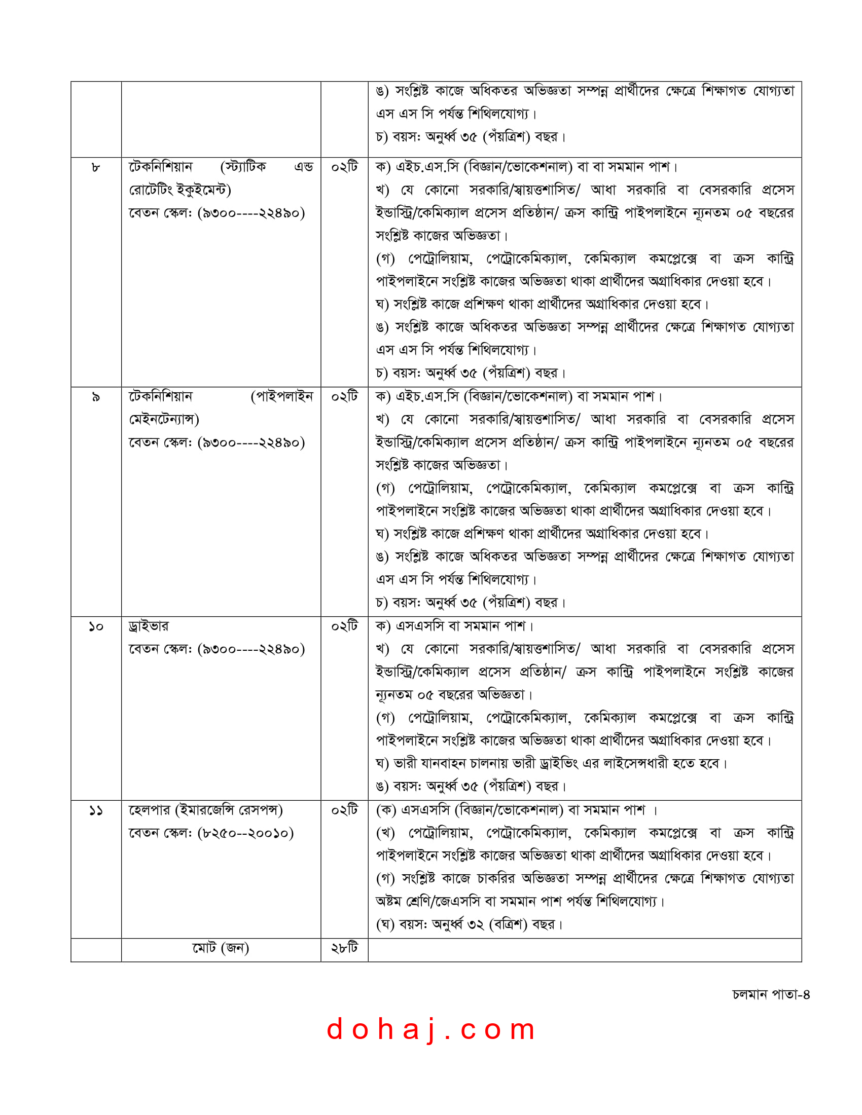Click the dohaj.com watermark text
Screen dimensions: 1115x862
pos(431,1029)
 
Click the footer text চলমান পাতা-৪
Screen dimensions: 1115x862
pos(771,994)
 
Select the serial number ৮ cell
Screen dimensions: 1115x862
pos(95,167)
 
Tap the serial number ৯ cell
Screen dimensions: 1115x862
pos(95,397)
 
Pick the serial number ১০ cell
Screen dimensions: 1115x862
pos(95,626)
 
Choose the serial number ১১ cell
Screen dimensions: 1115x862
pos(95,810)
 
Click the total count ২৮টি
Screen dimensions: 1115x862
pos(344,948)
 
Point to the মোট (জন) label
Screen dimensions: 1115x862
pos(221,948)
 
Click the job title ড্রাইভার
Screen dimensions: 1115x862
pos(149,626)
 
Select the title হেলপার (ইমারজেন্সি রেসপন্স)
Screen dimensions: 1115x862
pos(205,810)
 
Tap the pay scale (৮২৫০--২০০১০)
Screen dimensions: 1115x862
pos(245,833)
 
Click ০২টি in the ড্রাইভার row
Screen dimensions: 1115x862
pos(344,626)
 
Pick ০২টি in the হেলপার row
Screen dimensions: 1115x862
pos(344,810)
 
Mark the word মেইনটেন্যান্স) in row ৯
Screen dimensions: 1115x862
pos(164,420)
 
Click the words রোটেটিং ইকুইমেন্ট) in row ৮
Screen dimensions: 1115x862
pos(180,190)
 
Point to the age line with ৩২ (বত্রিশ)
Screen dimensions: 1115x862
pos(469,924)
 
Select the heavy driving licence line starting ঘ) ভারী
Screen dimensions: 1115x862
pos(551,764)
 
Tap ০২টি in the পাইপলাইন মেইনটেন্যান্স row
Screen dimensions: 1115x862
pos(344,397)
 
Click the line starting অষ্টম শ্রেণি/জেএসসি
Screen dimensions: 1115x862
pos(520,902)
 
